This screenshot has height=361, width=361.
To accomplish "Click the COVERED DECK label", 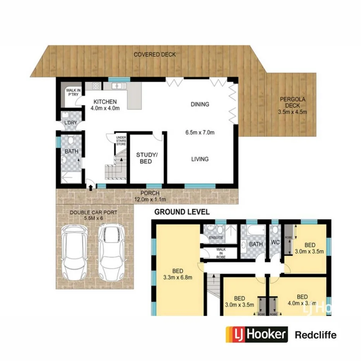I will click(155, 55).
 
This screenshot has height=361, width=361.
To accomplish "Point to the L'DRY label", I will click(71, 123).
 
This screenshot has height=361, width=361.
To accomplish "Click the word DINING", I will click(200, 104).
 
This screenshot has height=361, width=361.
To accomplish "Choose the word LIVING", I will click(199, 159).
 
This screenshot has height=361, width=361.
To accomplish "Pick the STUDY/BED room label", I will click(144, 158).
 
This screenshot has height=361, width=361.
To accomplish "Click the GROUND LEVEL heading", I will click(182, 212).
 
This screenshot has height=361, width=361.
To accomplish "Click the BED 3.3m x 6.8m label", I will click(178, 273).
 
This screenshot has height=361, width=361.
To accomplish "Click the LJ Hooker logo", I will click(257, 334).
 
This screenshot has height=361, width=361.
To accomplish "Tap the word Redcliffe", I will click(316, 335).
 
